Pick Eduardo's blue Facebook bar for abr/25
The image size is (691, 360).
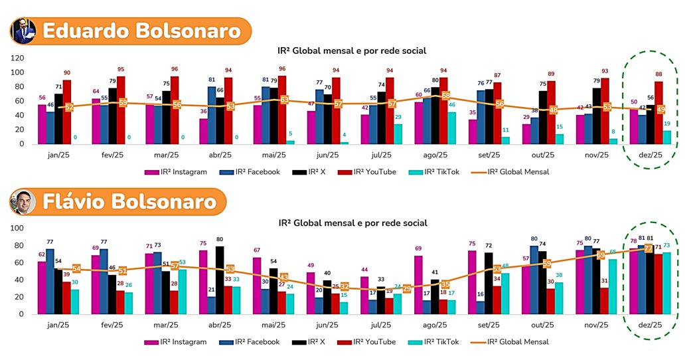(212, 116)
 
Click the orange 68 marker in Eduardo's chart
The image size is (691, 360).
(445, 96)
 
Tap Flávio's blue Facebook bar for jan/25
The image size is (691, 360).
(50, 280)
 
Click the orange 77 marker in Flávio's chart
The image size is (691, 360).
(648, 248)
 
